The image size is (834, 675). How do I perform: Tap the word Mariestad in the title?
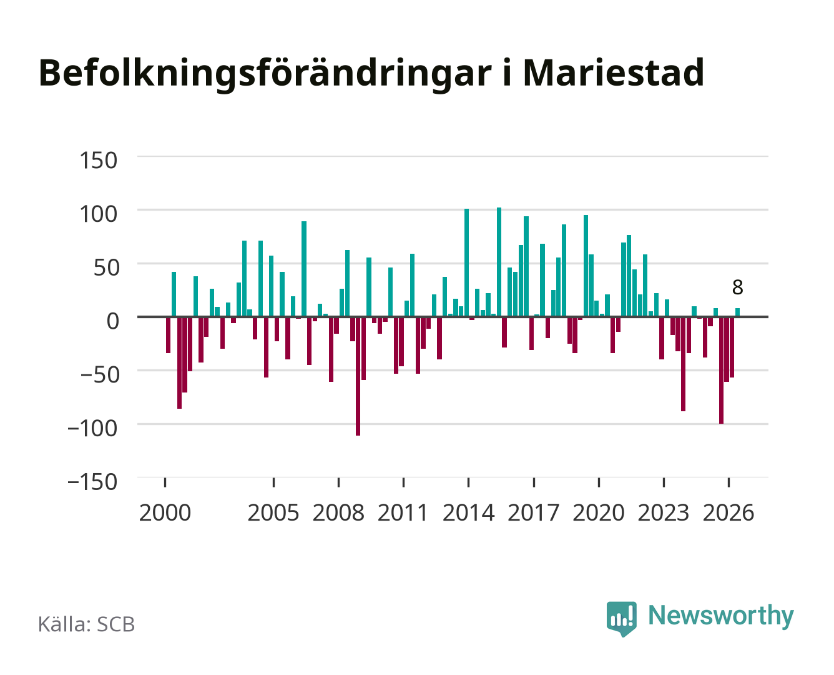pos(614,73)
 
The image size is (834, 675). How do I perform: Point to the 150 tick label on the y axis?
pos(98,161)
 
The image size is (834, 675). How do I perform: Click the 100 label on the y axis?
pos(98,214)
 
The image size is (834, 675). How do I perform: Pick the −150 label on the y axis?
pos(92,482)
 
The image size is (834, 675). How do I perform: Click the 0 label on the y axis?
pos(113,321)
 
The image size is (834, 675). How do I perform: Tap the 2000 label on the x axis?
pos(165,512)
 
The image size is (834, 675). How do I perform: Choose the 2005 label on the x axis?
pos(273,512)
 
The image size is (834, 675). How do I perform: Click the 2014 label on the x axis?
pos(468,512)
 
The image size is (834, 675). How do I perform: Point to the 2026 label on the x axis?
pos(729,512)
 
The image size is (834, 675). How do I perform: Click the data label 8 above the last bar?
pos(737,287)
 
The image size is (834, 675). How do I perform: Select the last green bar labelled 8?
pos(737,312)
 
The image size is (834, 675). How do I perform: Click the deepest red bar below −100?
pos(358,376)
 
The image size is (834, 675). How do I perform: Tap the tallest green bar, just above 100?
pos(499,262)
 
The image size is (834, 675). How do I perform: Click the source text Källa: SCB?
pos(86,624)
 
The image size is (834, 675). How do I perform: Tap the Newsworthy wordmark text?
pos(721,616)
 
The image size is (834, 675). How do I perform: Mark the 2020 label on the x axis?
pos(598,512)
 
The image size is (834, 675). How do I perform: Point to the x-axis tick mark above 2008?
pos(339,482)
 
